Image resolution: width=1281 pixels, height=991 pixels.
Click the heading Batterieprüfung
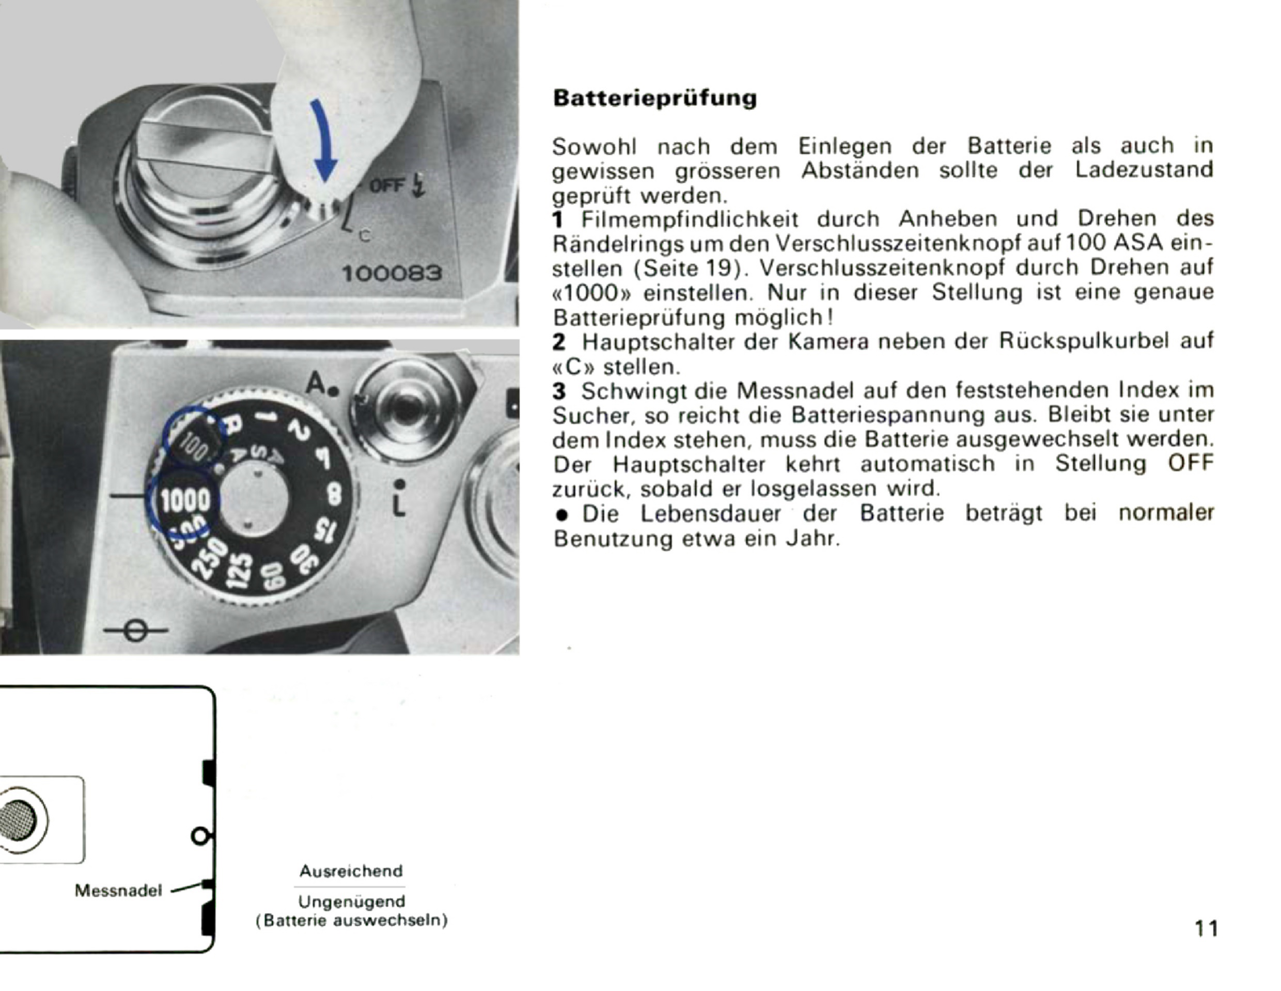click(654, 98)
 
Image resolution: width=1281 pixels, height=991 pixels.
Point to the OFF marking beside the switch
click(386, 186)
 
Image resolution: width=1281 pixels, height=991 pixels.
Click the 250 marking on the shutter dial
click(210, 557)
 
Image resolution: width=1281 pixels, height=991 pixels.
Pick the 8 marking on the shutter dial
click(333, 494)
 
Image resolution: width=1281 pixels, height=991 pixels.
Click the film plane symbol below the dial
click(135, 631)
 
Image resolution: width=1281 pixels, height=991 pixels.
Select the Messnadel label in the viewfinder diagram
click(118, 891)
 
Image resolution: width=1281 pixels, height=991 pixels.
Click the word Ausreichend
click(351, 871)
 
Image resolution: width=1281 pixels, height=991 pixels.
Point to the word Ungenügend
click(351, 901)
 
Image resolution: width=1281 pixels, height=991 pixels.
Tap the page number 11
click(1206, 929)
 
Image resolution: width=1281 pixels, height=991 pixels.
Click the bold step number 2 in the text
click(559, 341)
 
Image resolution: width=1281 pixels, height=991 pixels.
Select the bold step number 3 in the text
click(559, 390)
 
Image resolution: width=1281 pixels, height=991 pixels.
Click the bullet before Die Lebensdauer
click(563, 515)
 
